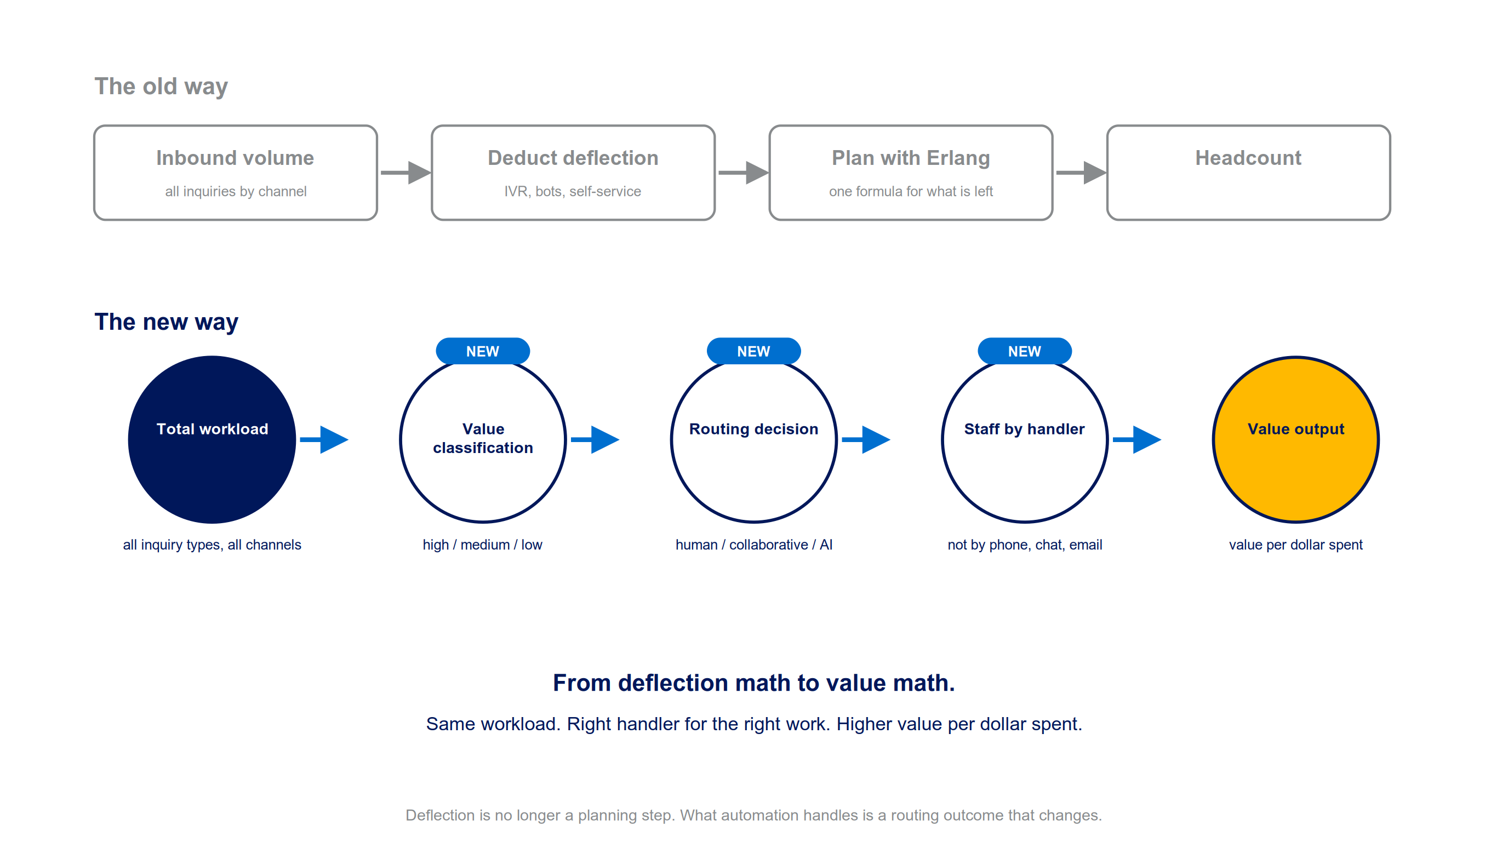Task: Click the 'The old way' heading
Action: point(161,87)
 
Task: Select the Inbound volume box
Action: point(235,173)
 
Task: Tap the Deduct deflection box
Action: point(573,173)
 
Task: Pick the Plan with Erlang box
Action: point(911,173)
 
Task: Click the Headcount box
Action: point(1249,173)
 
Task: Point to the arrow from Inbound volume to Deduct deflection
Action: point(405,173)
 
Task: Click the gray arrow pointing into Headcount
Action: point(1081,173)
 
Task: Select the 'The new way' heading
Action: point(166,322)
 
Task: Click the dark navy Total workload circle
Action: point(212,439)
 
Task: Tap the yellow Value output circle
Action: point(1295,439)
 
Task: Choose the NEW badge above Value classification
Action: point(483,351)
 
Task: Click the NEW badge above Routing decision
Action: point(754,351)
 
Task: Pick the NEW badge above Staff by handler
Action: point(1025,351)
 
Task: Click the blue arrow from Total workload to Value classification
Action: point(324,439)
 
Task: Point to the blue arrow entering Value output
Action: point(1137,439)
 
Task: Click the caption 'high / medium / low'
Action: point(483,545)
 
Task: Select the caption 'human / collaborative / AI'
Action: point(754,545)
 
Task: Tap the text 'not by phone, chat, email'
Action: point(1025,545)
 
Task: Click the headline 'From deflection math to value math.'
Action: point(754,683)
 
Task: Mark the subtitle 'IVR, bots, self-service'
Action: point(573,191)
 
